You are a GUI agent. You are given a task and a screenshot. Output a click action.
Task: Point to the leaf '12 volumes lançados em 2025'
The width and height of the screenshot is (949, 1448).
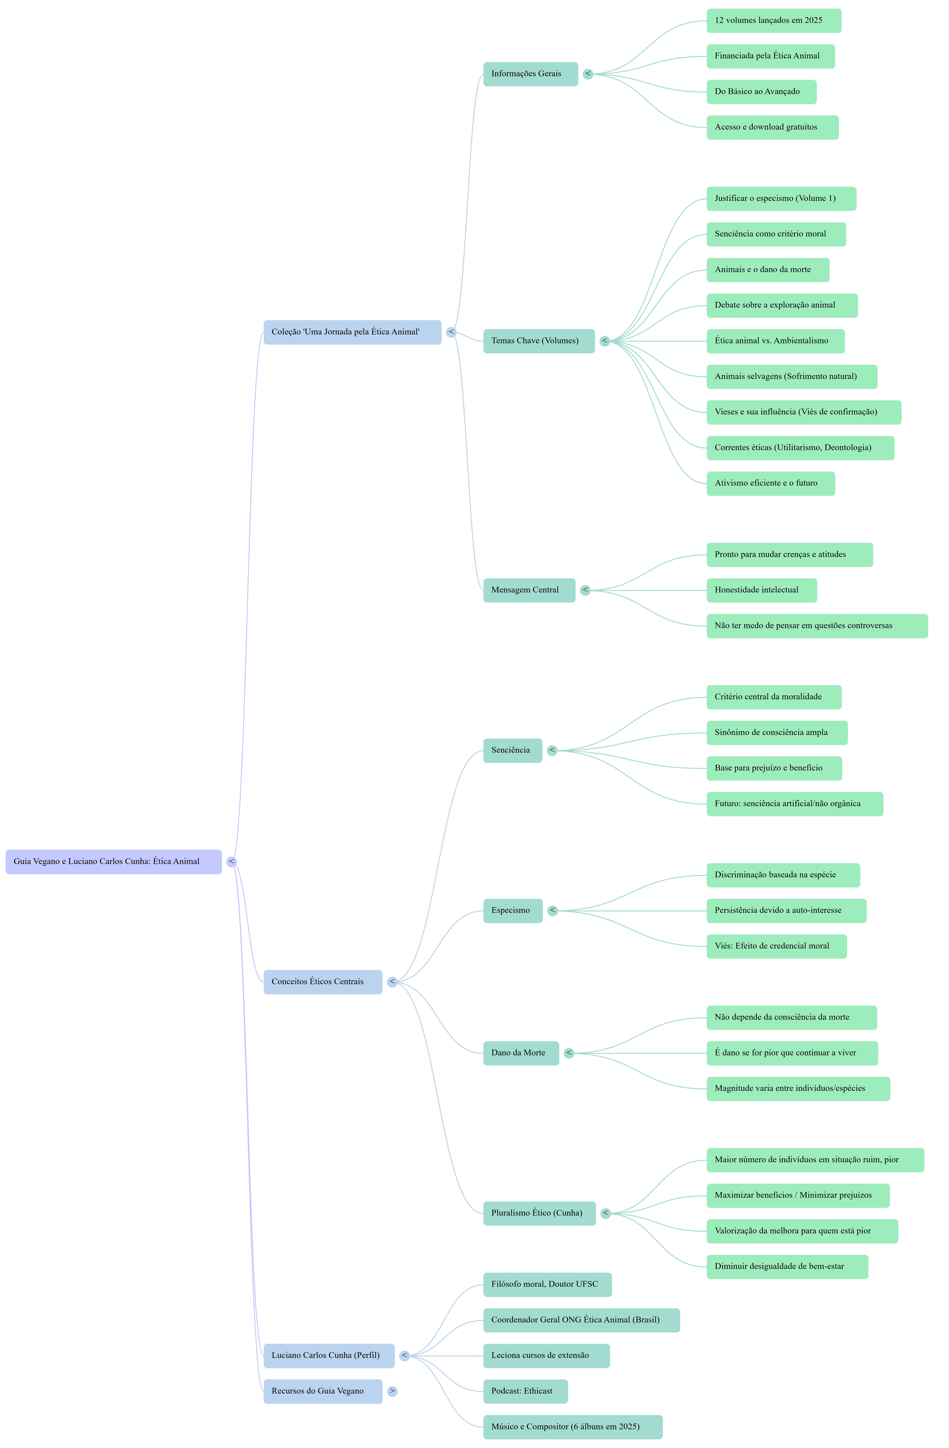(x=773, y=21)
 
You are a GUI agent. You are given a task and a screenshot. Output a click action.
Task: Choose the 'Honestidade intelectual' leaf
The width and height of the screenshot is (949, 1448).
(x=761, y=590)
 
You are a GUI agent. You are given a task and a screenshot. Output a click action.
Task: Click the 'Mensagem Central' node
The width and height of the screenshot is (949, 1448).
(x=529, y=590)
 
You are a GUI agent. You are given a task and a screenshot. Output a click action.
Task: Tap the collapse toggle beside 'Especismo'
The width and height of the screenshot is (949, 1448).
(x=552, y=911)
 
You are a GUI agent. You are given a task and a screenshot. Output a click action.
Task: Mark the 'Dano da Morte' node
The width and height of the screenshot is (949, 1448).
(x=521, y=1053)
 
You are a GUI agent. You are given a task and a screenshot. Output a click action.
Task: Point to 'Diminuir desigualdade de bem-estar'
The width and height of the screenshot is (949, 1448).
(x=787, y=1267)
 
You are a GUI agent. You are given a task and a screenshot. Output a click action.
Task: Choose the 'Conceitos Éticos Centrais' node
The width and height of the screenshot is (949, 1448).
(x=322, y=982)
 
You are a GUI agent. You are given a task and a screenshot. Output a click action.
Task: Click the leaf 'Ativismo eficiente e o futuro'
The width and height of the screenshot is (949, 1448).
(x=770, y=483)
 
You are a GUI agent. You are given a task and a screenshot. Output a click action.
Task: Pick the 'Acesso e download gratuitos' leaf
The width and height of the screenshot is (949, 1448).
(x=772, y=127)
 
